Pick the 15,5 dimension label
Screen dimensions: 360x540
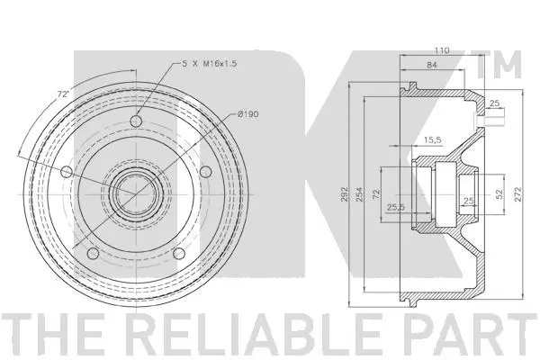coord(432,139)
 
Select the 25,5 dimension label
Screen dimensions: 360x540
coord(395,206)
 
